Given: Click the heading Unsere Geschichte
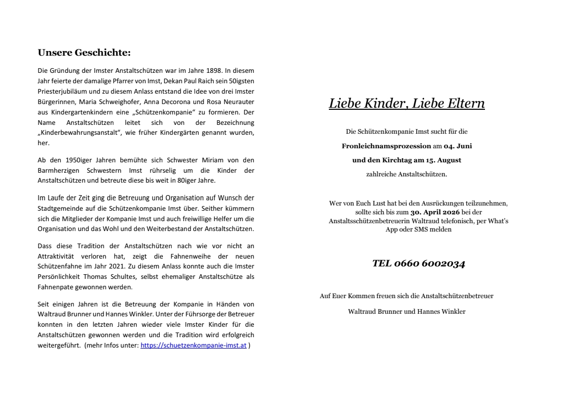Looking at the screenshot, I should [84, 52].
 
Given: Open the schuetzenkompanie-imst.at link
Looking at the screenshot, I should [194, 345].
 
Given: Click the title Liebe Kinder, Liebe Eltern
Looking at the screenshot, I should [406, 103].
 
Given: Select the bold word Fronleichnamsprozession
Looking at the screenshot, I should [386, 146].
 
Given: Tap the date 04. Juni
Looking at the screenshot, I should [457, 146].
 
